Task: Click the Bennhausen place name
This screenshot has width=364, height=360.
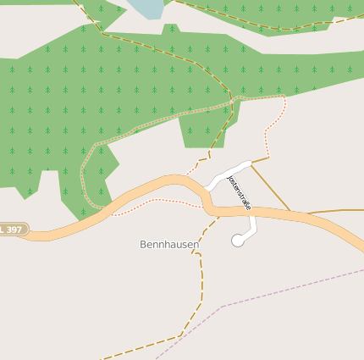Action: [169, 245]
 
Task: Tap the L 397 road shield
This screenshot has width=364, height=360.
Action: [14, 229]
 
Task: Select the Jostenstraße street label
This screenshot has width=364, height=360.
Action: [240, 192]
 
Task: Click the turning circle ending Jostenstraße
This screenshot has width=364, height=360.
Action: [238, 241]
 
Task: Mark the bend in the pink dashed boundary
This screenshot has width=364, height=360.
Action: [223, 306]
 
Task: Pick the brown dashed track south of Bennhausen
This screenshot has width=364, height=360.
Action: [201, 280]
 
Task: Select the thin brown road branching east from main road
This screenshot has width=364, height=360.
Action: [334, 210]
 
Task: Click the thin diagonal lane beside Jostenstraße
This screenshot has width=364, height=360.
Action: [271, 186]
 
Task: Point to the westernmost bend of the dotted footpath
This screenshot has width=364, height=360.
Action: [82, 174]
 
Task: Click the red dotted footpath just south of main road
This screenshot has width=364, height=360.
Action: [161, 202]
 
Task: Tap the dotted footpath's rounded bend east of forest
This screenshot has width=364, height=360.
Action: [283, 103]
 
